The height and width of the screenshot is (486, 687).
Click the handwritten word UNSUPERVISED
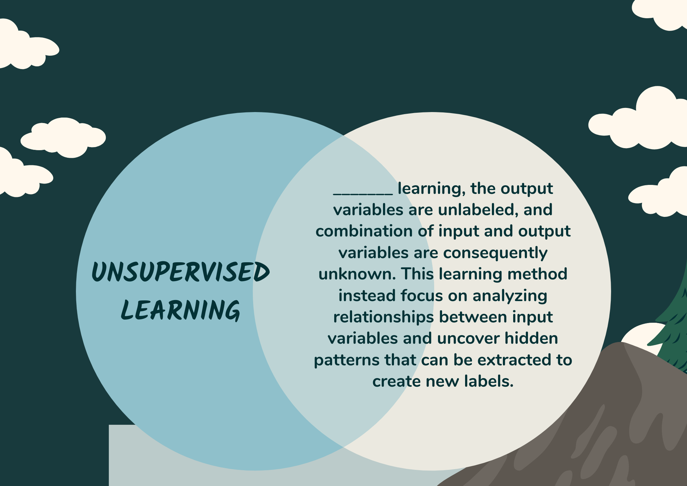click(x=181, y=272)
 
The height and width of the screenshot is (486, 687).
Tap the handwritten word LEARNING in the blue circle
click(x=181, y=310)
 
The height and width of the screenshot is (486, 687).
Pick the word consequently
click(x=495, y=253)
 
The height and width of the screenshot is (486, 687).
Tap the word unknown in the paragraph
click(x=358, y=274)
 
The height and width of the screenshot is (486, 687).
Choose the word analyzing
click(x=510, y=296)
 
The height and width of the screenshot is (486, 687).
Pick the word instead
click(x=367, y=296)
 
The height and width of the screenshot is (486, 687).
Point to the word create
click(x=396, y=382)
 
